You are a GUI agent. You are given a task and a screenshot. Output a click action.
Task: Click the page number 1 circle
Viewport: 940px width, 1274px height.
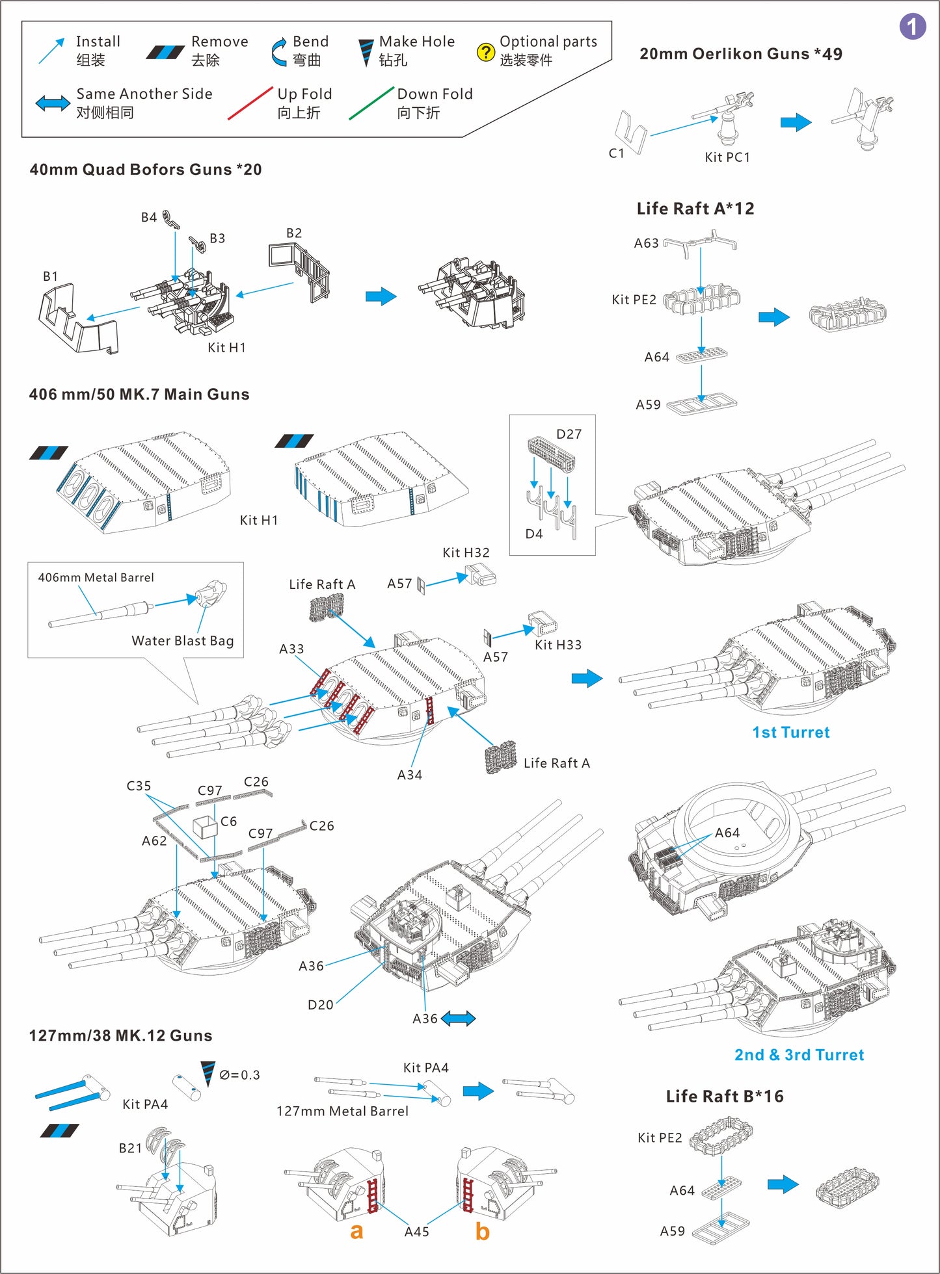pos(912,27)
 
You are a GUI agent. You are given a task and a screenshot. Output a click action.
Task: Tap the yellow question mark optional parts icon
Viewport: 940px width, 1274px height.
pos(485,52)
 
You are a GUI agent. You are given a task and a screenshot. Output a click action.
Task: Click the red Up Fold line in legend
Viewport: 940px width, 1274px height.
pos(250,103)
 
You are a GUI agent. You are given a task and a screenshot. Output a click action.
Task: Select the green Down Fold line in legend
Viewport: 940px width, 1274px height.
pos(371,103)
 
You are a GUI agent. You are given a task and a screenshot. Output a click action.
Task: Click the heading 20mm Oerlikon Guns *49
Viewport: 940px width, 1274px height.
pos(740,54)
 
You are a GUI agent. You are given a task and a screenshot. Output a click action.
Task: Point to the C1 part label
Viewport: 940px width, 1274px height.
pos(616,153)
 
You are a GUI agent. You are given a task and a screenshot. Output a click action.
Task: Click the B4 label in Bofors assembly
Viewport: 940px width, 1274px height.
pos(149,217)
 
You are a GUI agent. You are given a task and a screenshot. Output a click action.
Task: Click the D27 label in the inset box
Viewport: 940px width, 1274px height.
pos(569,434)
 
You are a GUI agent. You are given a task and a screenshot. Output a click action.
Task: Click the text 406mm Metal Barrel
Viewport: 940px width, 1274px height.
pos(96,577)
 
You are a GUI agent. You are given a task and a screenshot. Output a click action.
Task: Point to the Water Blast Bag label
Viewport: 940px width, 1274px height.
pos(182,641)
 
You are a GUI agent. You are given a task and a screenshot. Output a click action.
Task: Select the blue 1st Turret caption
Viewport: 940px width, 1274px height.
pos(790,733)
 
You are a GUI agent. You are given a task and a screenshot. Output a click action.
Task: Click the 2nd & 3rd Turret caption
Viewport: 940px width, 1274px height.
pos(799,1055)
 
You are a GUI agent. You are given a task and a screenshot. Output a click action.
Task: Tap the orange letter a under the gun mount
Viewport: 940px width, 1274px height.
pos(356,1230)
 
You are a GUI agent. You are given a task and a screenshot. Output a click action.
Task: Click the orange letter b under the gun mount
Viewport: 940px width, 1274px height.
pos(482,1231)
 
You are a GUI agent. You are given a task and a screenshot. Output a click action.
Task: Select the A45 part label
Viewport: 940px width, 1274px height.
pos(416,1232)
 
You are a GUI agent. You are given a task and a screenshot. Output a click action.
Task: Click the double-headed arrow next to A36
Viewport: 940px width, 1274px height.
pos(459,1019)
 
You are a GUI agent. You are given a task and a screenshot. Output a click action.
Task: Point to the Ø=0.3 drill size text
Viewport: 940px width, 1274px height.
pos(239,1075)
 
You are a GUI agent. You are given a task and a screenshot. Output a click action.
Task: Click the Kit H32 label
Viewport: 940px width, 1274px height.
pos(466,552)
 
